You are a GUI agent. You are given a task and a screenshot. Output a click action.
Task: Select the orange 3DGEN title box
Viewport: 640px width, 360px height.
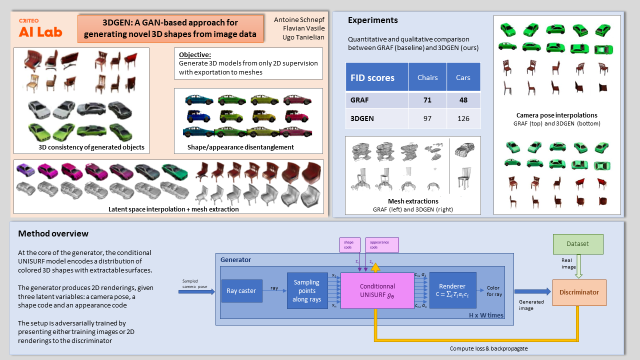[170, 28]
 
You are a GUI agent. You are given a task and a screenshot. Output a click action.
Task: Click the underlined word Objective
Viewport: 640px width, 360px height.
[195, 54]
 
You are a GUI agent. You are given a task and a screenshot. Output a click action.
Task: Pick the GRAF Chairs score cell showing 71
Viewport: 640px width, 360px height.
[427, 100]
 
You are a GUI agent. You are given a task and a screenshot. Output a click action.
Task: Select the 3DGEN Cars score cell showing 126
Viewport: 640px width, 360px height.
[463, 119]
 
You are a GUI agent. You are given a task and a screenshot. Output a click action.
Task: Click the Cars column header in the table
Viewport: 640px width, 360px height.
[463, 77]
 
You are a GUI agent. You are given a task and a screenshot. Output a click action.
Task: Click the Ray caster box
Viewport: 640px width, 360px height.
[241, 290]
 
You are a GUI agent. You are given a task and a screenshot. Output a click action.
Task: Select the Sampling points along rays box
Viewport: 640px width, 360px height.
[307, 290]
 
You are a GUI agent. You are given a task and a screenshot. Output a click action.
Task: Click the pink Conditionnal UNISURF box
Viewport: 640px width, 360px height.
[377, 290]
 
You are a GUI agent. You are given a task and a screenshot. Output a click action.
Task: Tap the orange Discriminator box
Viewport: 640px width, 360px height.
[579, 292]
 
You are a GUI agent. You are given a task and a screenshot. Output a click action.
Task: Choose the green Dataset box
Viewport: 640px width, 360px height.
[577, 244]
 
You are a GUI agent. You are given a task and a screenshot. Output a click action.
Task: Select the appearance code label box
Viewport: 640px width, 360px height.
[382, 244]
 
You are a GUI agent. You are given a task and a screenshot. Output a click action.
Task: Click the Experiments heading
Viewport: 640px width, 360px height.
[372, 20]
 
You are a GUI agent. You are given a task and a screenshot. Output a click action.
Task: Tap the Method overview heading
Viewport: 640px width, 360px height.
[53, 233]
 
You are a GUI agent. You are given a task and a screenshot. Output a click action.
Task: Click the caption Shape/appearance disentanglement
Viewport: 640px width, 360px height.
[240, 147]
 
